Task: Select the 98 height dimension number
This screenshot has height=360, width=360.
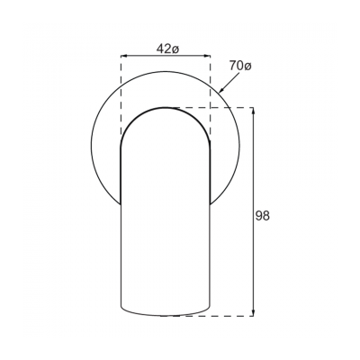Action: [x=263, y=215]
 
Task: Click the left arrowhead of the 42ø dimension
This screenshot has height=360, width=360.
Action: [x=123, y=56]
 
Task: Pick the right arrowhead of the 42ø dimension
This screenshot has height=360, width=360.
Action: [x=207, y=56]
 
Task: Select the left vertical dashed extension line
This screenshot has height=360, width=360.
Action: [x=121, y=99]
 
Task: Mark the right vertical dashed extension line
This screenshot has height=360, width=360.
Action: [x=211, y=99]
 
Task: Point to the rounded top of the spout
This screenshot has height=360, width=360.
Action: [x=166, y=107]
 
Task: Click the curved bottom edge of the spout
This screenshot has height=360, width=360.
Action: [x=166, y=316]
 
